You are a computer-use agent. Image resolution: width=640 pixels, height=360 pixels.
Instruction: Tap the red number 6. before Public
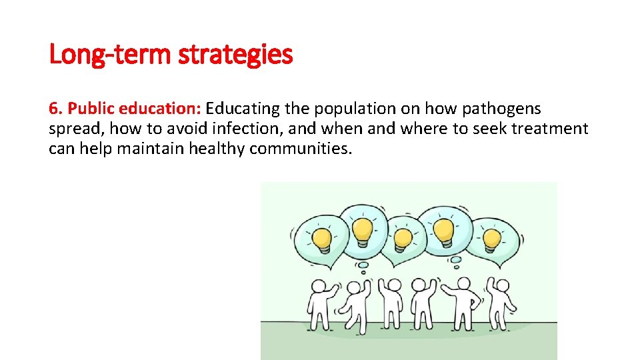tap(55, 109)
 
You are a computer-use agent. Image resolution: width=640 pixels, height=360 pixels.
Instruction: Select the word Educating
tap(243, 109)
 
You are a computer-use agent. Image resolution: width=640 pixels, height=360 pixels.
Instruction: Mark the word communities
tap(300, 149)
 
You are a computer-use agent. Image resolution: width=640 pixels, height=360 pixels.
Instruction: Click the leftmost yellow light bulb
tap(323, 238)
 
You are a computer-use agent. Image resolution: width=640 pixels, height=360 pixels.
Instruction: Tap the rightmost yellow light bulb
tap(492, 239)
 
